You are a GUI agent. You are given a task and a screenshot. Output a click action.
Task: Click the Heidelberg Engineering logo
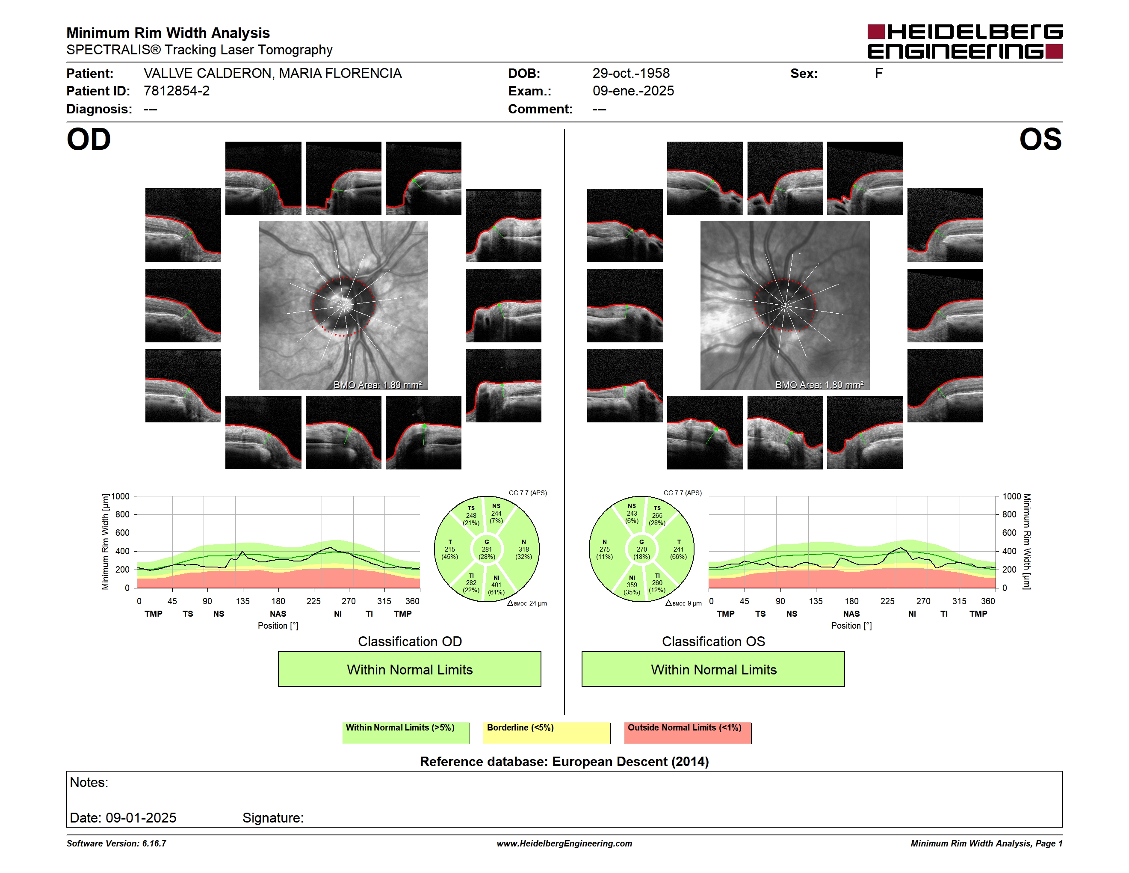point(965,42)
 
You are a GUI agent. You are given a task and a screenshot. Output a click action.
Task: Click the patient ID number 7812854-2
point(177,91)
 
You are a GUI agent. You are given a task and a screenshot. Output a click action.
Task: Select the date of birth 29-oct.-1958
point(631,74)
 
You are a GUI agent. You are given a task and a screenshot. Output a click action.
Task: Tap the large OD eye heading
point(89,140)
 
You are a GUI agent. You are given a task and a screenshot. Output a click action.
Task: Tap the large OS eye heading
point(1040,140)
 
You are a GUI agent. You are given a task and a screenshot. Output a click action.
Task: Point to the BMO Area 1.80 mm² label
point(819,385)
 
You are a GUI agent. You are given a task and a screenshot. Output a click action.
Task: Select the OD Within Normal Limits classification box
point(409,669)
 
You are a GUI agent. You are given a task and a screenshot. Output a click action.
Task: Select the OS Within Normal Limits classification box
point(713,669)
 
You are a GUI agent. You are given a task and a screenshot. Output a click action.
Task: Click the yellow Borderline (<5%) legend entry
point(547,733)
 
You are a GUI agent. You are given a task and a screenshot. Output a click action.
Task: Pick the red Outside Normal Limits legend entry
point(688,733)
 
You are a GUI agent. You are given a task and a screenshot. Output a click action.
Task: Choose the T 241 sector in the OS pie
point(678,549)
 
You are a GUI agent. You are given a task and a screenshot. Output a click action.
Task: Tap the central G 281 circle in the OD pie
point(486,549)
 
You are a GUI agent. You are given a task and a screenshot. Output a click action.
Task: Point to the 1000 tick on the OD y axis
point(121,496)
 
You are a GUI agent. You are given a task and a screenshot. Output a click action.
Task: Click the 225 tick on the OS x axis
point(887,601)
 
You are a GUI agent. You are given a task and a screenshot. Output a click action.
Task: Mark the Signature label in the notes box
point(273,818)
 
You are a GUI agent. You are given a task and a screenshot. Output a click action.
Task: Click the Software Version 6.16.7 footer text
point(116,843)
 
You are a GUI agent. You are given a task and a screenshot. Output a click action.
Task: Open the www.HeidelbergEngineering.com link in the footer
point(564,843)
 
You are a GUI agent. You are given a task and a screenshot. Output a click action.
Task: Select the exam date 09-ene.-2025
point(633,91)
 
